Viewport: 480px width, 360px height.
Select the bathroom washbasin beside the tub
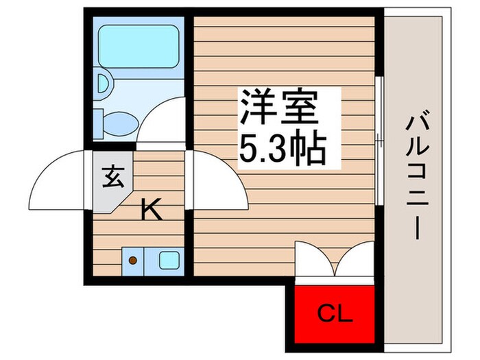click(104, 83)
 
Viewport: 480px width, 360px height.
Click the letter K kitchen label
click(151, 211)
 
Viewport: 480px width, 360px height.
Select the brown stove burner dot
click(133, 261)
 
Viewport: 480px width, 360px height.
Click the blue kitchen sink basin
click(169, 260)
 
